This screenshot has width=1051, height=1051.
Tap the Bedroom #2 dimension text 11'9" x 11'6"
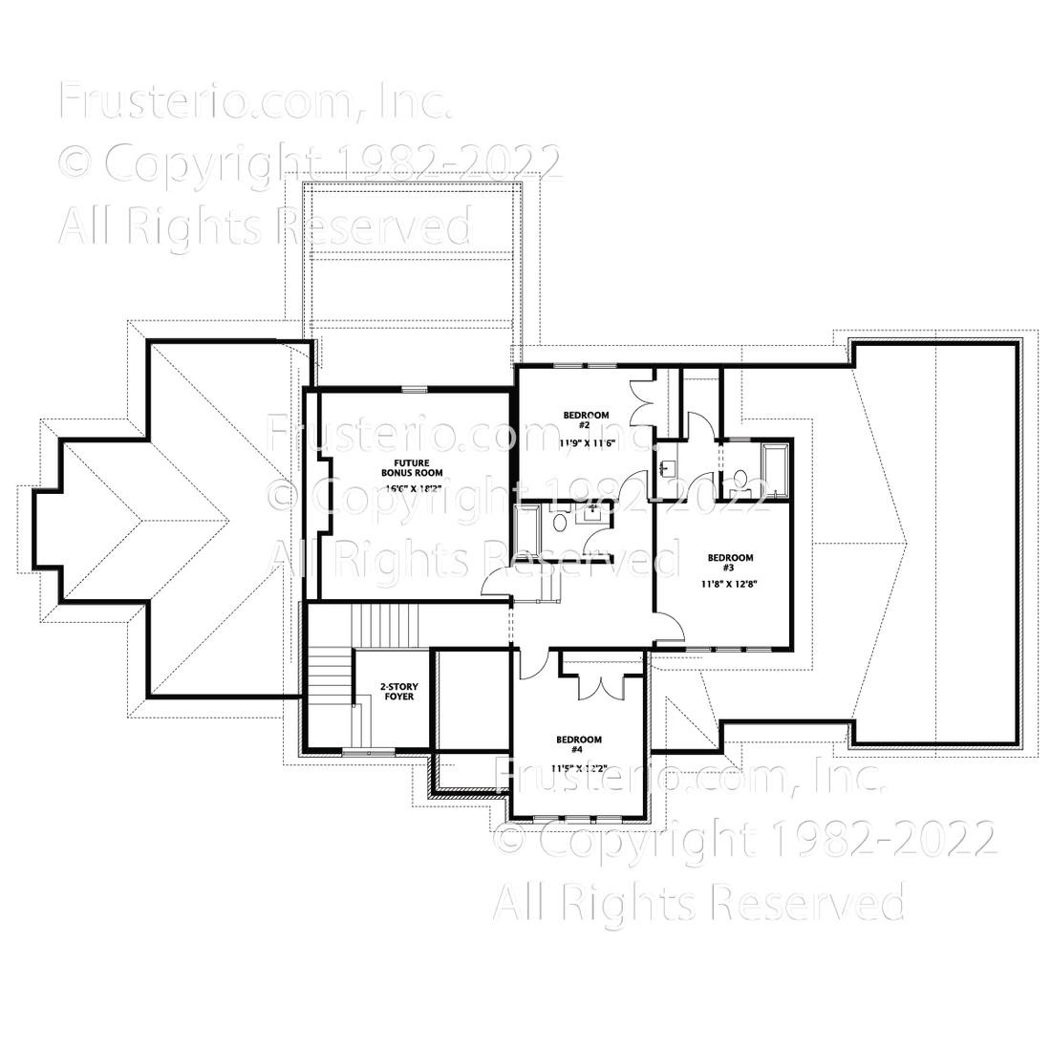(586, 444)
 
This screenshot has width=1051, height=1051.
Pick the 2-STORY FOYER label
(398, 692)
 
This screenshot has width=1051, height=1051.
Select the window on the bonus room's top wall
(414, 388)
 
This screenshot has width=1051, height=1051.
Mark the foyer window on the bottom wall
(368, 753)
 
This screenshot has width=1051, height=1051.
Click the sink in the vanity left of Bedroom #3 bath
(666, 467)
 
